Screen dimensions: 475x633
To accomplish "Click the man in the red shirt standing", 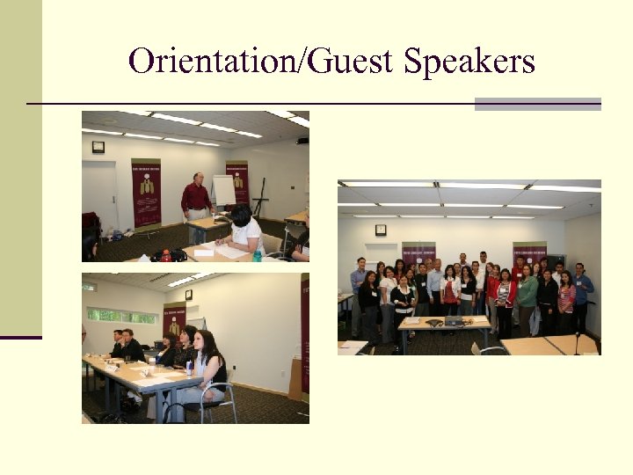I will point(196,197).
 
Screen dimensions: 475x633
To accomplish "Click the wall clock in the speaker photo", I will point(98,147).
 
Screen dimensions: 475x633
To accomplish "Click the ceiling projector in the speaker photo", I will point(302,141).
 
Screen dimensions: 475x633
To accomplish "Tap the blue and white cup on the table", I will point(187,366).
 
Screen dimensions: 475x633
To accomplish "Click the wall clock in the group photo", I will point(380,230).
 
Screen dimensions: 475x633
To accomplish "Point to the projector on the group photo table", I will point(453,321).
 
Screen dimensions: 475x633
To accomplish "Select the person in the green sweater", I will point(527,296).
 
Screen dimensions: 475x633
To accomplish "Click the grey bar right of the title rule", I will point(537,104).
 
